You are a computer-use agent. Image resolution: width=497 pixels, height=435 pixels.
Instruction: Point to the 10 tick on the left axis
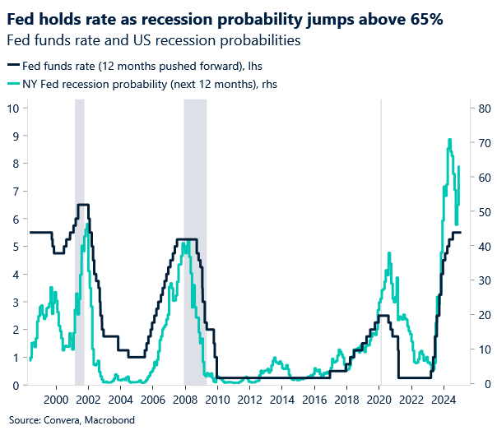[13, 108]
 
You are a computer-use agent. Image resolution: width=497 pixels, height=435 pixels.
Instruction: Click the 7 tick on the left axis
[16, 191]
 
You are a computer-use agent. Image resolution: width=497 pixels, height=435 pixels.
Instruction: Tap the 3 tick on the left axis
[16, 302]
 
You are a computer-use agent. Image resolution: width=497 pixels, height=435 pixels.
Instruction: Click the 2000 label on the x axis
[57, 399]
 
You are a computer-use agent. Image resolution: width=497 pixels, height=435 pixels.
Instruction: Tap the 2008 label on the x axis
[185, 399]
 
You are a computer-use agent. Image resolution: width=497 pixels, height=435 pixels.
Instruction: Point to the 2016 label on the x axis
[314, 399]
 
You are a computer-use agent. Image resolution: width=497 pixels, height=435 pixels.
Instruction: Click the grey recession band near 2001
[80, 247]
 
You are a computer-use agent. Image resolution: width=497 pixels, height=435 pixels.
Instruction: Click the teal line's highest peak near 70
[449, 141]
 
